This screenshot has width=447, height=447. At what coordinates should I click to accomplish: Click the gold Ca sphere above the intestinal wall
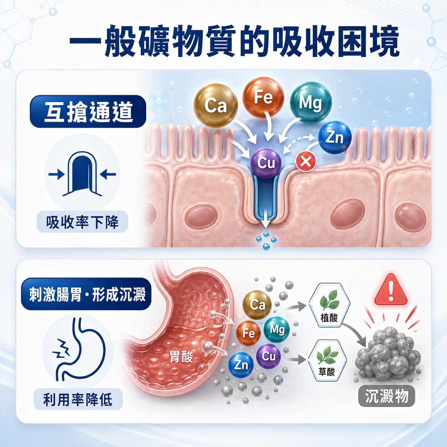click(x=216, y=105)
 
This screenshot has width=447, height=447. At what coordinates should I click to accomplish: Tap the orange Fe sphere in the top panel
click(x=263, y=97)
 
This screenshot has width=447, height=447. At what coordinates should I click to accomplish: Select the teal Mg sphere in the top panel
click(x=311, y=102)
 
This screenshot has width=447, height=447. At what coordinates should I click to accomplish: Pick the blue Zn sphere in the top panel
click(x=335, y=138)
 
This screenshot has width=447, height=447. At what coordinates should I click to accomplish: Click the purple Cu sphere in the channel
click(x=266, y=163)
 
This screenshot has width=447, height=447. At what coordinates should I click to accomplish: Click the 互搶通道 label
click(x=88, y=111)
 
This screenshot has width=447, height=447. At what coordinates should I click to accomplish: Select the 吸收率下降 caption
click(x=82, y=222)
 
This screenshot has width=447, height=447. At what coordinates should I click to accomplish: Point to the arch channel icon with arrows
click(x=82, y=174)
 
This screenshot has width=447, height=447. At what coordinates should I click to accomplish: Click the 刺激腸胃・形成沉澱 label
click(x=86, y=294)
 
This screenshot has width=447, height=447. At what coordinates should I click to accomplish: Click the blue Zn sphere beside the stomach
click(x=241, y=365)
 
